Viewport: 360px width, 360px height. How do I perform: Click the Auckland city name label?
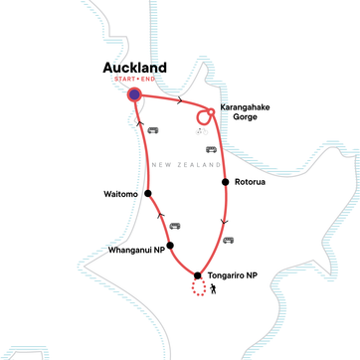point(135,69)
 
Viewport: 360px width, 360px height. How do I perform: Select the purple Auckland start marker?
point(135,94)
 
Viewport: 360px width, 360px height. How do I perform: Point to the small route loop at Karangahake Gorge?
point(205,116)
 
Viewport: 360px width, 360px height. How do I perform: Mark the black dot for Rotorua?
point(227,183)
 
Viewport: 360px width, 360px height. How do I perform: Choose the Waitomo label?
point(121,194)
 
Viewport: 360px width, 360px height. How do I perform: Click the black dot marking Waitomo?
point(147,194)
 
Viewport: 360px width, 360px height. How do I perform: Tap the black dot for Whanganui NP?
point(170,245)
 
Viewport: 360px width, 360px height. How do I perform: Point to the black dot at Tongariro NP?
point(198,275)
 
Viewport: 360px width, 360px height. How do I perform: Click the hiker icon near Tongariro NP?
point(215,289)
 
